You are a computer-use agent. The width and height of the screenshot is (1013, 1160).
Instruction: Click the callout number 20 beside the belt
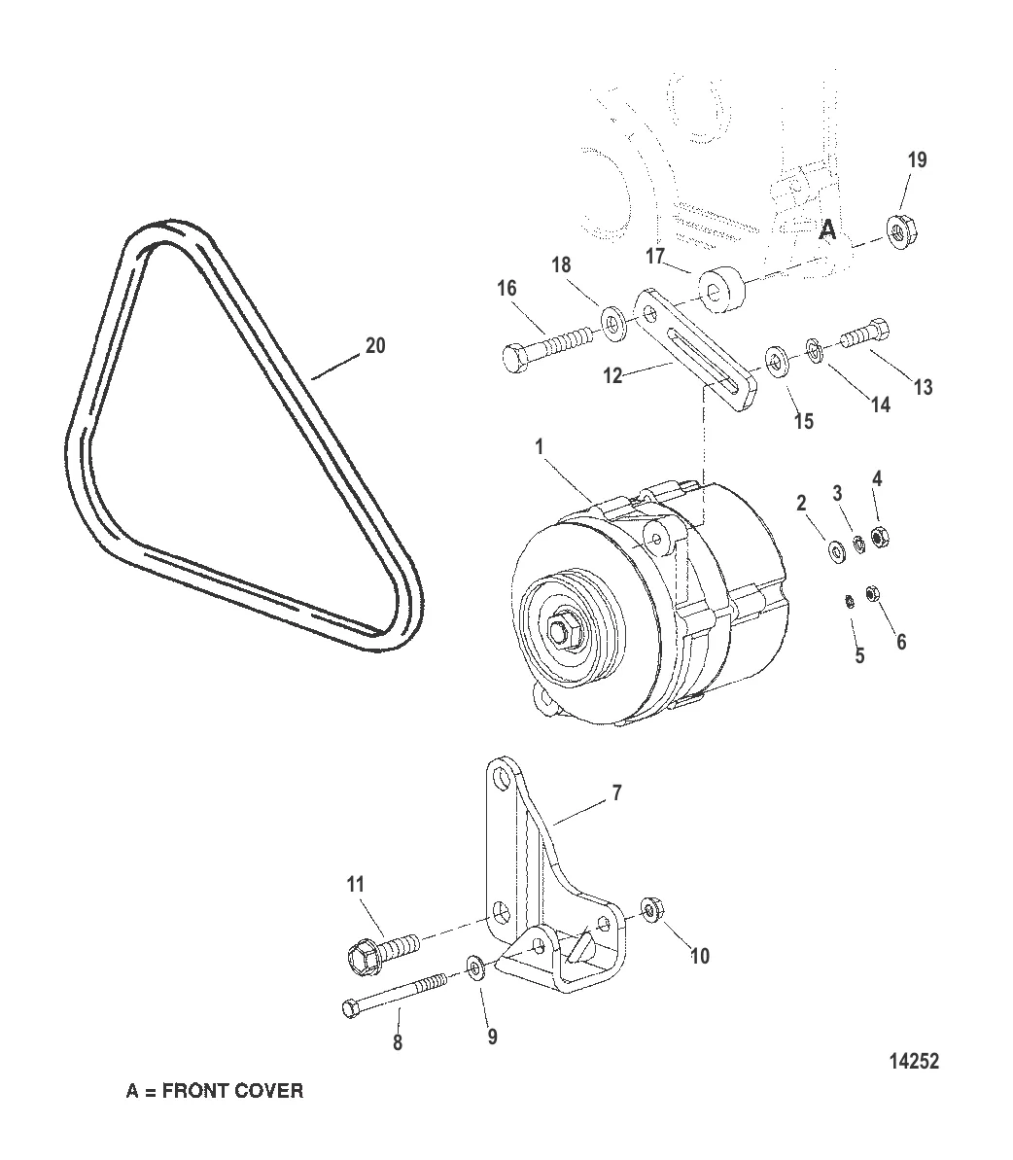coord(375,345)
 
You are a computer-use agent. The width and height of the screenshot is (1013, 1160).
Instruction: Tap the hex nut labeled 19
coord(900,232)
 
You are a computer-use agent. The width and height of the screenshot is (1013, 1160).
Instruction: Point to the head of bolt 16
coord(514,357)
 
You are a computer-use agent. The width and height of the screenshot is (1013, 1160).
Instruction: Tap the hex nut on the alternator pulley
coord(561,633)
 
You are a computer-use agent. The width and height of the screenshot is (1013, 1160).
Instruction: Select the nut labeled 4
coord(879,536)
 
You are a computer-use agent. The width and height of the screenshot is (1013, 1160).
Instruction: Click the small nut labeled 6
coord(872,593)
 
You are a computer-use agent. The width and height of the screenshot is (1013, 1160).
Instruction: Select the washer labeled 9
coord(474,967)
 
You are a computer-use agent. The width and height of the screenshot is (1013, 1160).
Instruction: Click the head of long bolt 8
coord(352,1007)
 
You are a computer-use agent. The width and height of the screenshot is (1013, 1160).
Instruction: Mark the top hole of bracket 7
coord(502,779)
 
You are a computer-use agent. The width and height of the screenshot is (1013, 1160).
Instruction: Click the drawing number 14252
coord(914,1061)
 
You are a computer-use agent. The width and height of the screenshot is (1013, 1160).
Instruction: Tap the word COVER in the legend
coord(268,1090)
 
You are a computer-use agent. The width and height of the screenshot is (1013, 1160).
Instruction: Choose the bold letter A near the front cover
coord(827,230)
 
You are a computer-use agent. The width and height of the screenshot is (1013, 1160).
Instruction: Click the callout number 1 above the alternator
coord(539,447)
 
